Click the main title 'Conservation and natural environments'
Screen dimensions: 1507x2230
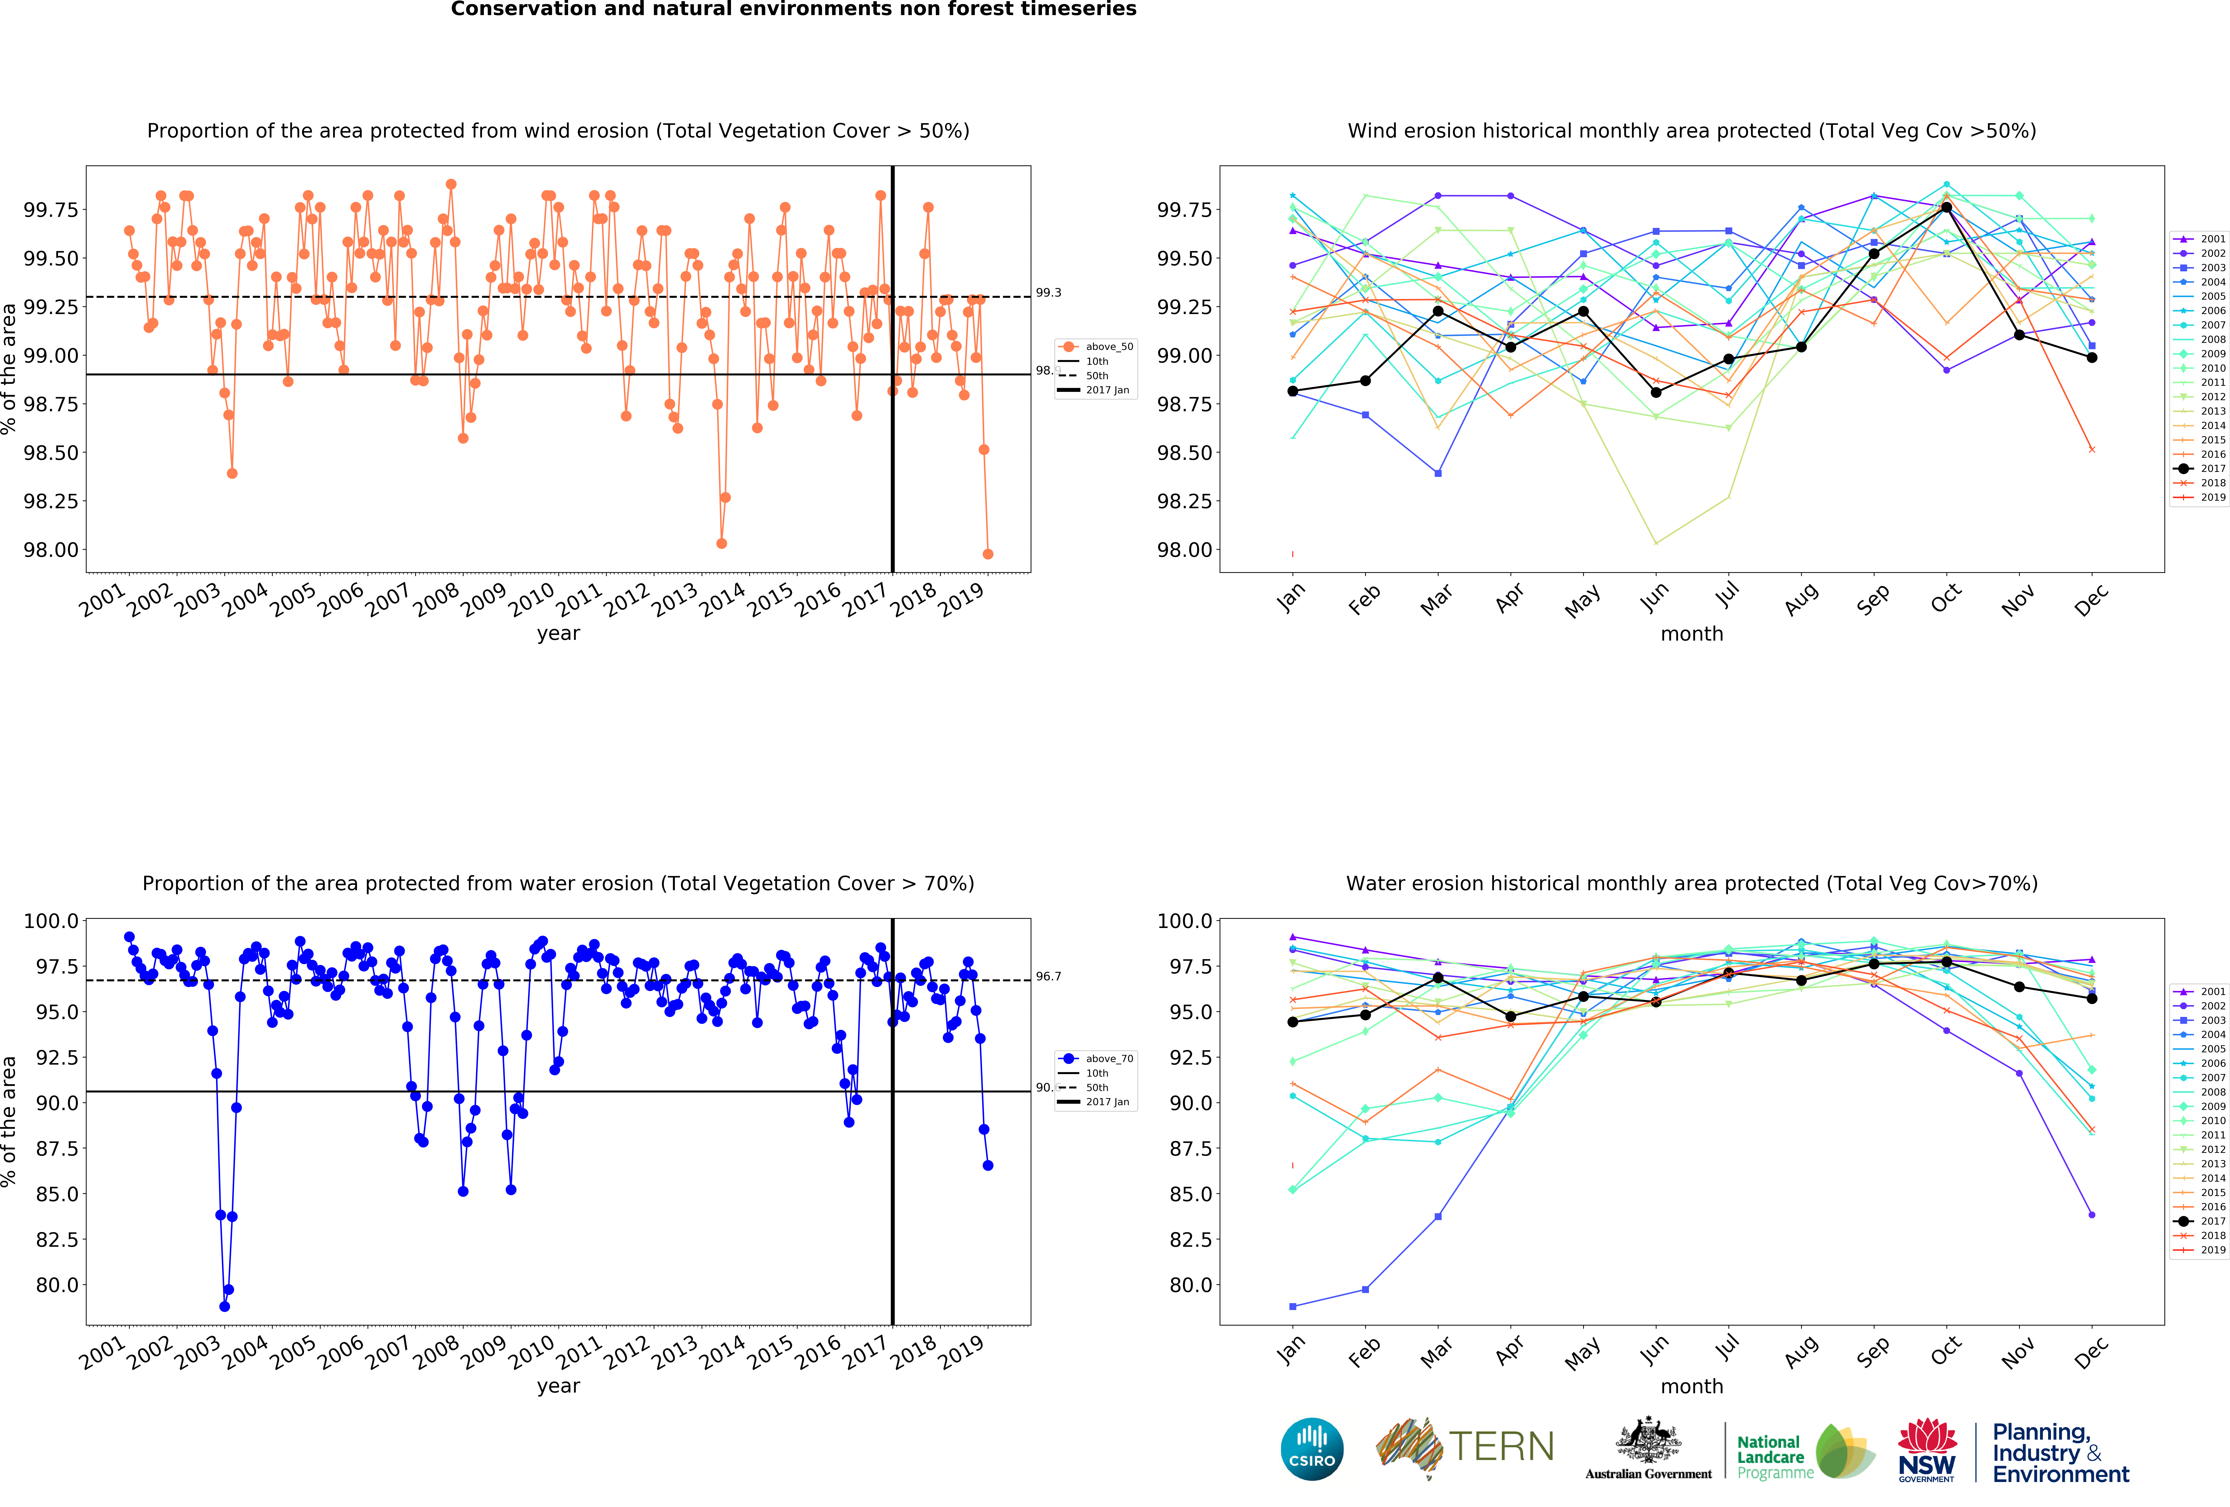pyautogui.click(x=794, y=10)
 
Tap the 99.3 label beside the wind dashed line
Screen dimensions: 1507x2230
pyautogui.click(x=1048, y=293)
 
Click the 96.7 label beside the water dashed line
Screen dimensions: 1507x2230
pyautogui.click(x=1048, y=976)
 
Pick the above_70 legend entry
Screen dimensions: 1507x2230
pyautogui.click(x=1108, y=1059)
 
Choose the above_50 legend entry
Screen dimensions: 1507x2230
pyautogui.click(x=1108, y=347)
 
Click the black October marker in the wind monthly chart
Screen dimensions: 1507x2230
pyautogui.click(x=1946, y=207)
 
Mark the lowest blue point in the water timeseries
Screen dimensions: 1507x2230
pyautogui.click(x=225, y=1306)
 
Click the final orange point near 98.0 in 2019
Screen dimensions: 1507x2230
pyautogui.click(x=987, y=554)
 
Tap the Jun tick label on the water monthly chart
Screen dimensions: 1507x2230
pyautogui.click(x=1654, y=1350)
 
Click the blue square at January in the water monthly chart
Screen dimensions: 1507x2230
pyautogui.click(x=1293, y=1306)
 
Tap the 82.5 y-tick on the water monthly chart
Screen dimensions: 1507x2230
pyautogui.click(x=1187, y=1239)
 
